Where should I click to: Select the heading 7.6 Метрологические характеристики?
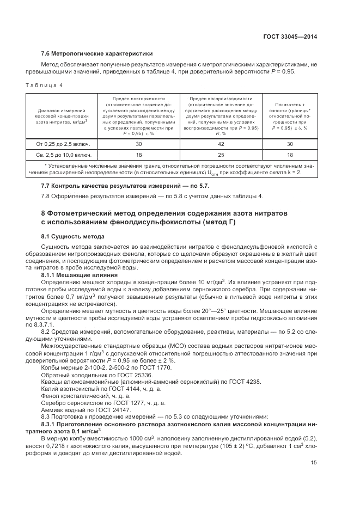(x=97, y=53)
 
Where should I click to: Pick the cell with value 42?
(x=221, y=144)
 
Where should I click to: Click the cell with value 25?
(x=221, y=155)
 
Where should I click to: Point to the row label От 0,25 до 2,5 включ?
(x=63, y=144)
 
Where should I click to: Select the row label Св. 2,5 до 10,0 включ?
(x=63, y=155)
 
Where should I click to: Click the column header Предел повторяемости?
(x=138, y=99)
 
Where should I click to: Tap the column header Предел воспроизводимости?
(x=221, y=99)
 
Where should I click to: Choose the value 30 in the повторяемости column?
(x=138, y=144)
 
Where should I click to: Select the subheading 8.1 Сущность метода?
(x=77, y=237)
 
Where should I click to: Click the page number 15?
(x=314, y=462)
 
